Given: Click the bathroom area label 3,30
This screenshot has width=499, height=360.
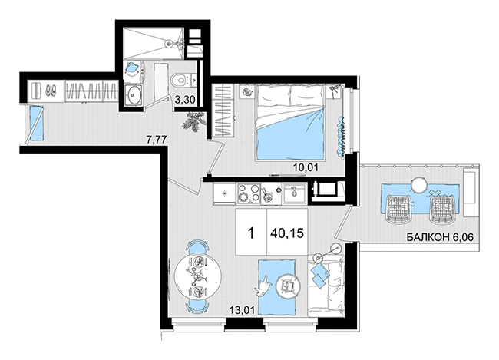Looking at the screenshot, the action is (184, 101).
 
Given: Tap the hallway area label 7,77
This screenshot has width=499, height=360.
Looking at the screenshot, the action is (157, 140).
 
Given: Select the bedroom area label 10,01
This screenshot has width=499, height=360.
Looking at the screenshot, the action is (306, 167).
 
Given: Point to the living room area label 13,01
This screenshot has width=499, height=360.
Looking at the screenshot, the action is (243, 309).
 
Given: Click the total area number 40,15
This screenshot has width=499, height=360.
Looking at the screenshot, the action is (287, 233).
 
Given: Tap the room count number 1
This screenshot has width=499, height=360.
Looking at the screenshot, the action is (251, 233).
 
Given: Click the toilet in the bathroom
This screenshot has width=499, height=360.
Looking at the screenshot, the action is (178, 80).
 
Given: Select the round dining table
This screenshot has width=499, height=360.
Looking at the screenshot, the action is (197, 276).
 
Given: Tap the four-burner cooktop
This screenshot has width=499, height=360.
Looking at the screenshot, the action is (249, 193).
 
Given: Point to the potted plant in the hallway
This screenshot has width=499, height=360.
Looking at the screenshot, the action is (193, 121).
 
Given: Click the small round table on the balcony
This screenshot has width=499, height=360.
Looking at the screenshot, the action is (419, 185).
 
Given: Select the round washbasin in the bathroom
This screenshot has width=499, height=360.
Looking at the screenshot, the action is (133, 94).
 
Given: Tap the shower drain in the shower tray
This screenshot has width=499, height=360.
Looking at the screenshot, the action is (169, 44).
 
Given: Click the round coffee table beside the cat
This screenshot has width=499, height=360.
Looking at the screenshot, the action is (289, 286).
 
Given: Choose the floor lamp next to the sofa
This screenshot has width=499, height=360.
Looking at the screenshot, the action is (335, 248).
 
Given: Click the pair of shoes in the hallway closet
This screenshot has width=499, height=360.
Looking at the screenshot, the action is (51, 90).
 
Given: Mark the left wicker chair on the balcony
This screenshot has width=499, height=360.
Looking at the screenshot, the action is (398, 209).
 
